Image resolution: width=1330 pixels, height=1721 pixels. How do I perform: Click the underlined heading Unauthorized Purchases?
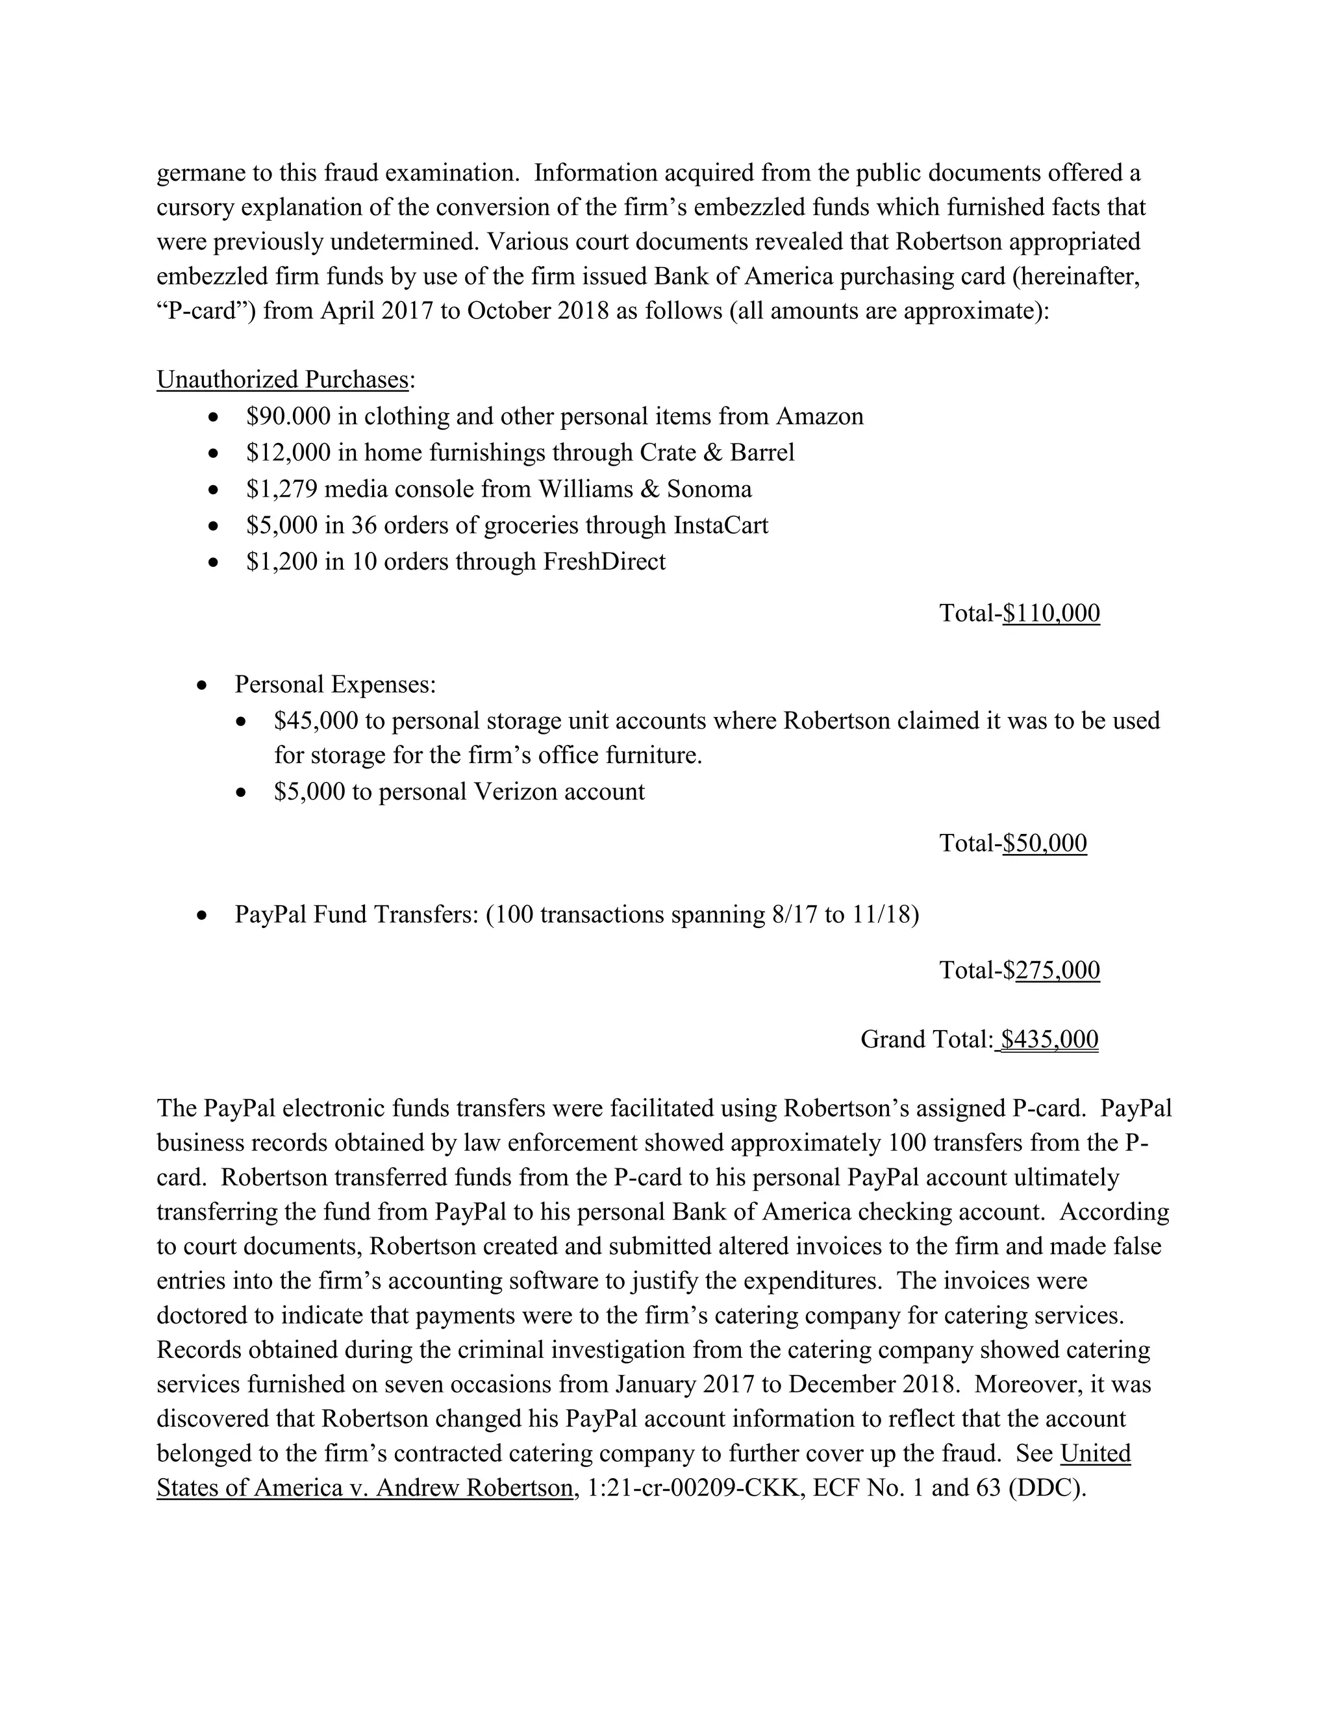coord(282,380)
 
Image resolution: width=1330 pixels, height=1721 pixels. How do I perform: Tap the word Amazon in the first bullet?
coord(820,416)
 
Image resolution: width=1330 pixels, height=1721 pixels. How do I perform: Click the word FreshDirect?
coord(605,561)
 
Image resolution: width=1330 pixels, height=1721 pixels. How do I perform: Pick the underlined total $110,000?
coord(1051,613)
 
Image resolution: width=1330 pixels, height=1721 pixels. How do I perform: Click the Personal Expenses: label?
coord(335,684)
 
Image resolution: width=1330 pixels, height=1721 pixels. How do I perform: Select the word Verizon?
coord(518,791)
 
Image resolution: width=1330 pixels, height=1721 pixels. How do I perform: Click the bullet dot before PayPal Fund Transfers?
coord(203,916)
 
